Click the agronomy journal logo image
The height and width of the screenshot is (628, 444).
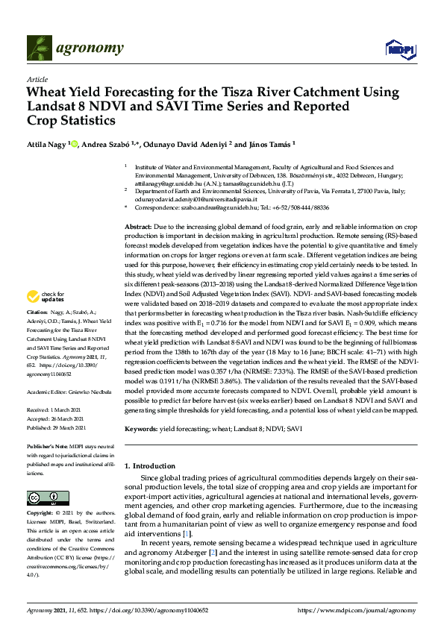coord(75,48)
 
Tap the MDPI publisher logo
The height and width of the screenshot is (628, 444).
coord(399,49)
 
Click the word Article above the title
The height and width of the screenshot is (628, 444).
coord(37,79)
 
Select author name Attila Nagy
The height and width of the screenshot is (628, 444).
coord(46,143)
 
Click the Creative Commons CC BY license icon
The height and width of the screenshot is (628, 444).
coord(43,498)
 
